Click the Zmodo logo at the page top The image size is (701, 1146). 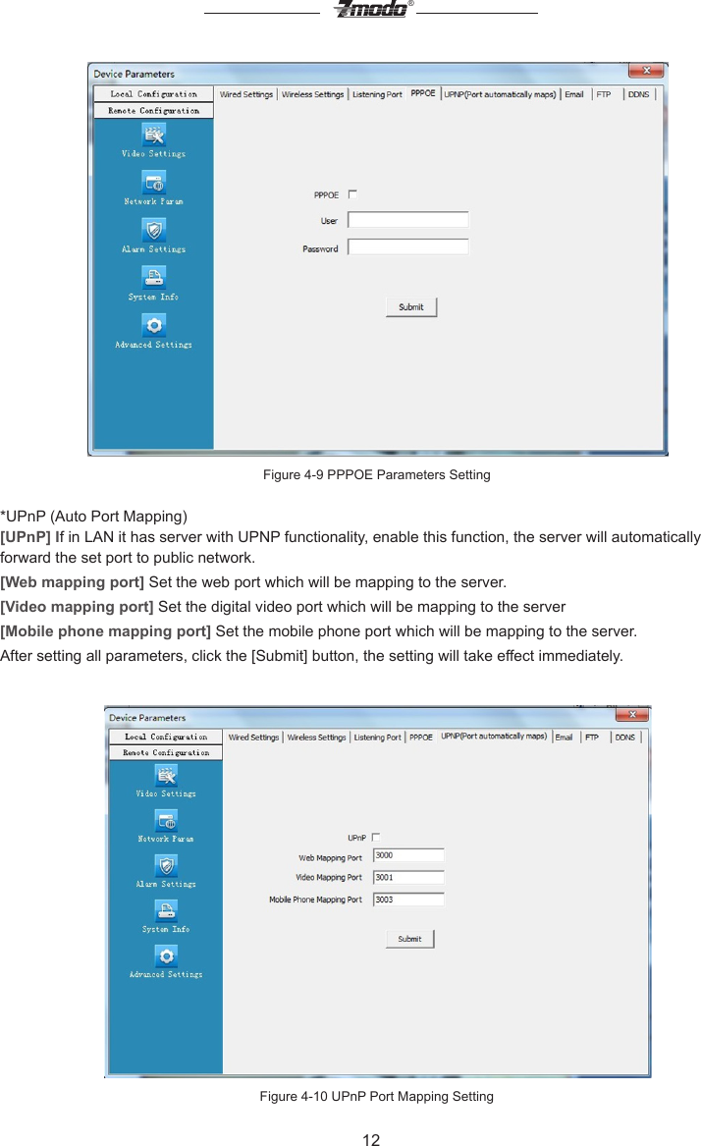tap(371, 10)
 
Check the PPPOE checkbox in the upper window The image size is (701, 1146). tap(353, 194)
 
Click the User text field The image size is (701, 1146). tap(408, 221)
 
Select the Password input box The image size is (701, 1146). tap(408, 248)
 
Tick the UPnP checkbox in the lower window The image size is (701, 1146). tap(376, 838)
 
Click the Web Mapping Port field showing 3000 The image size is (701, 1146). tap(408, 856)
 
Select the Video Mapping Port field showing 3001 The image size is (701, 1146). tap(408, 878)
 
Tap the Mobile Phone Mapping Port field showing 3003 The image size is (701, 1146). tap(408, 900)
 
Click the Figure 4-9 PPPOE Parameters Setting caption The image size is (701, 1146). tap(376, 475)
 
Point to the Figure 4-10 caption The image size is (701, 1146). tap(376, 1096)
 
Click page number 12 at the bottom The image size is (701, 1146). tap(371, 1139)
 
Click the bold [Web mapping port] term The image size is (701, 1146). tap(73, 580)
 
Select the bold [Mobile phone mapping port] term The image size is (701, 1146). tap(106, 629)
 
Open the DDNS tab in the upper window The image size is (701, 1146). tap(638, 94)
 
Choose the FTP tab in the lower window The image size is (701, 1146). tap(592, 737)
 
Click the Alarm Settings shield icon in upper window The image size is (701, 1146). tap(154, 230)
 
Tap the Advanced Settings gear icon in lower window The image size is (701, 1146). tap(167, 955)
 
